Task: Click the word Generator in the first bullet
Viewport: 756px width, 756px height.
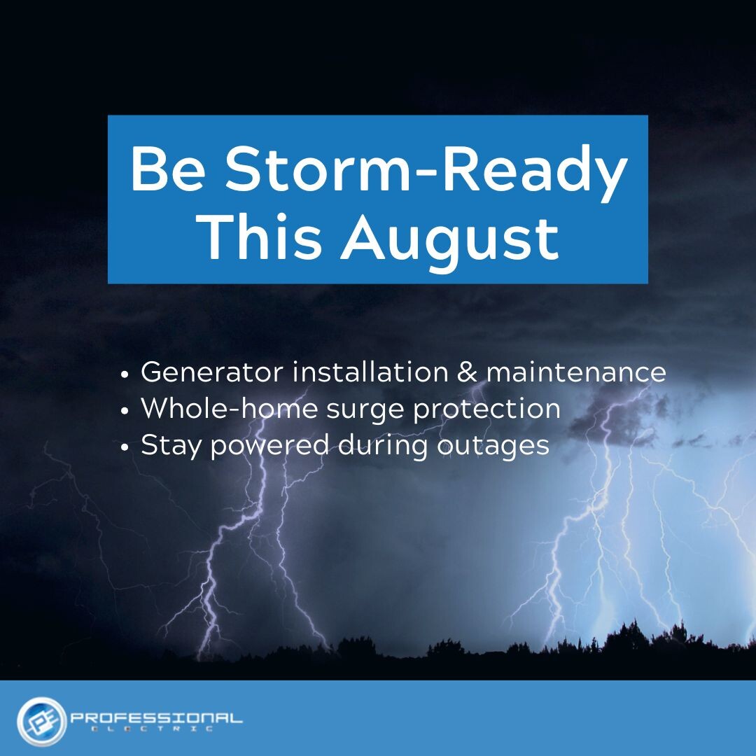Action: (212, 372)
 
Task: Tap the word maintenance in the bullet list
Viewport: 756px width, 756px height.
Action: (576, 372)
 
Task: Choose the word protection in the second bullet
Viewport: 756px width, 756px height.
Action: (486, 409)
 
